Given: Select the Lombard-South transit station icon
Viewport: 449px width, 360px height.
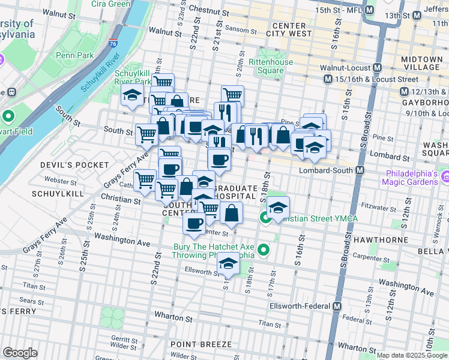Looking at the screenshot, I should [x=360, y=170].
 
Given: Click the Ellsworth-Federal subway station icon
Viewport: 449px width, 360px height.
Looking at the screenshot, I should [x=337, y=306].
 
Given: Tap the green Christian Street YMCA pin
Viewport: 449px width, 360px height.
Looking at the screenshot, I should [x=265, y=218].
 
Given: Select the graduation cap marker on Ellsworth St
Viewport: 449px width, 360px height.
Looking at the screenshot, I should [x=228, y=265].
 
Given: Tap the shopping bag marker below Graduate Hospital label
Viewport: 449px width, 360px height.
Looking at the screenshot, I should [x=231, y=212].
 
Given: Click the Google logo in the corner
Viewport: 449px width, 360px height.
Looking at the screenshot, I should [x=20, y=353].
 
